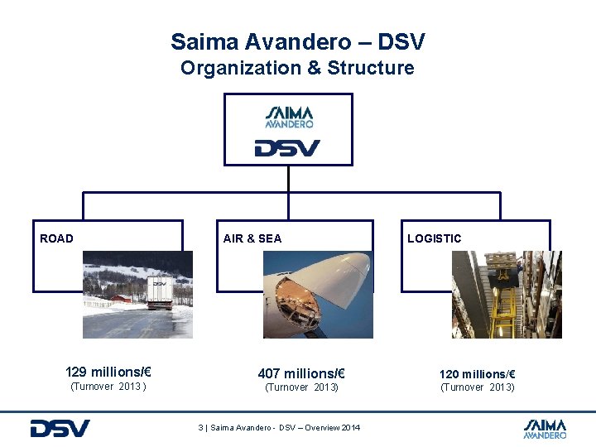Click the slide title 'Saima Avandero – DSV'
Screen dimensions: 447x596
(x=298, y=41)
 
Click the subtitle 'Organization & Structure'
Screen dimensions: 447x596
(x=298, y=68)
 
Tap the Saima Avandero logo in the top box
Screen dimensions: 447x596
(x=289, y=117)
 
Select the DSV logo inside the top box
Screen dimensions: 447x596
(x=287, y=149)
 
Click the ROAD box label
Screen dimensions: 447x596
(x=57, y=238)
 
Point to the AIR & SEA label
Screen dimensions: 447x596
(x=252, y=238)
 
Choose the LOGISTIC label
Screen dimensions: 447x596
(x=435, y=238)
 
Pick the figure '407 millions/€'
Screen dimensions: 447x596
(x=301, y=373)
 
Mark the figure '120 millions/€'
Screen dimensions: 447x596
(x=478, y=374)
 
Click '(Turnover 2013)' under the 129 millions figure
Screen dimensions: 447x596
(x=109, y=386)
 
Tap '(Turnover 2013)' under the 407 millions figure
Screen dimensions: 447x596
(x=301, y=387)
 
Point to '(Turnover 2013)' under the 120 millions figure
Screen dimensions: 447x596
(x=478, y=387)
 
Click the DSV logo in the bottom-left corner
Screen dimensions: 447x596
(x=60, y=428)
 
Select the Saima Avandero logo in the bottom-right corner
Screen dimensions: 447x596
(x=545, y=428)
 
